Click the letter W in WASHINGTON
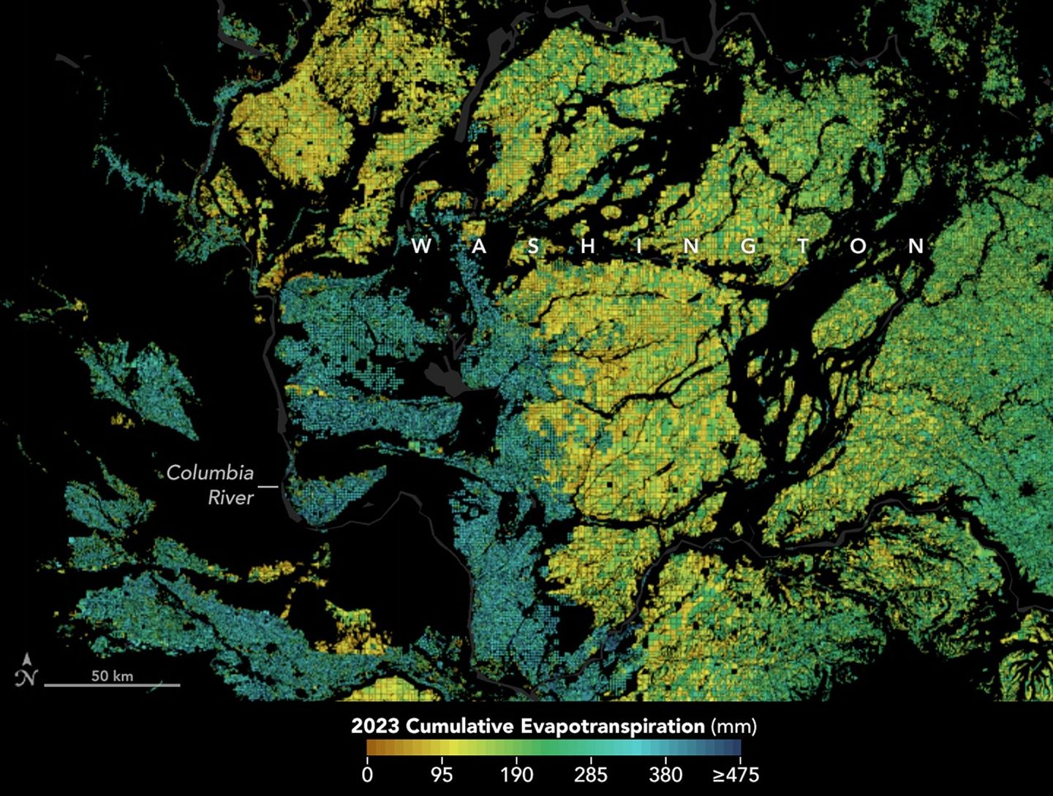pyautogui.click(x=421, y=246)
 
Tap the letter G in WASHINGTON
pyautogui.click(x=748, y=246)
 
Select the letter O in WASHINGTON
pyautogui.click(x=858, y=246)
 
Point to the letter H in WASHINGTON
pyautogui.click(x=587, y=246)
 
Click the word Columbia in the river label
pyautogui.click(x=210, y=473)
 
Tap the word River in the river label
pyautogui.click(x=230, y=498)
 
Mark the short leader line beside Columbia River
pyautogui.click(x=268, y=485)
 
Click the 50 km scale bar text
pyautogui.click(x=112, y=675)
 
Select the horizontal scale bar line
pyautogui.click(x=112, y=685)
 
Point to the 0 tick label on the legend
pyautogui.click(x=367, y=774)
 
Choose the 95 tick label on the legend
pyautogui.click(x=441, y=774)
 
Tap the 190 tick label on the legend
pyautogui.click(x=516, y=774)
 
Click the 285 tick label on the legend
pyautogui.click(x=590, y=774)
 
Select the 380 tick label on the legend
pyautogui.click(x=665, y=774)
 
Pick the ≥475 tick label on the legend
pyautogui.click(x=736, y=774)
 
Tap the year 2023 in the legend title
pyautogui.click(x=375, y=727)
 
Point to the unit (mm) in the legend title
pyautogui.click(x=733, y=727)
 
